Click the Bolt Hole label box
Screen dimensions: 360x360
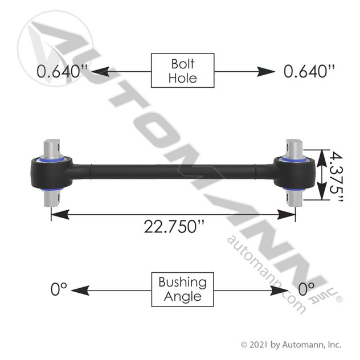pyautogui.click(x=182, y=71)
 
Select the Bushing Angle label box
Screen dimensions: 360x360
pyautogui.click(x=182, y=289)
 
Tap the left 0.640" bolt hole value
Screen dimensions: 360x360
pyautogui.click(x=62, y=71)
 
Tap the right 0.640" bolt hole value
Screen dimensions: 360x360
pyautogui.click(x=309, y=71)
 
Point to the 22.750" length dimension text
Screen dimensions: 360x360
pyautogui.click(x=174, y=226)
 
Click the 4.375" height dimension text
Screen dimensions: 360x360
pyautogui.click(x=336, y=177)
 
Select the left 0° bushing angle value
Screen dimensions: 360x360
pyautogui.click(x=59, y=289)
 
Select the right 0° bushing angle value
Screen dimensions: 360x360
pyautogui.click(x=306, y=289)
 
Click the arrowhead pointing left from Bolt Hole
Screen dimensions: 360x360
pyautogui.click(x=100, y=72)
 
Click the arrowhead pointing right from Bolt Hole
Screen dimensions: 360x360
pyautogui.click(x=266, y=72)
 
